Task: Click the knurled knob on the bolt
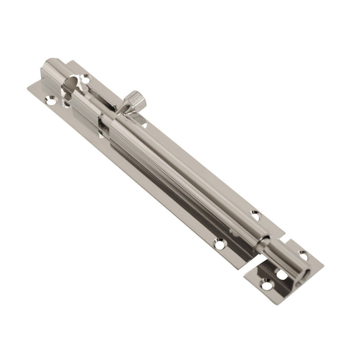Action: tap(135, 99)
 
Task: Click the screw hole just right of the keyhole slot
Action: tap(85, 80)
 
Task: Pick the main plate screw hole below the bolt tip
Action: tap(220, 245)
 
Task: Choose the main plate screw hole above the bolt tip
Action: tap(255, 215)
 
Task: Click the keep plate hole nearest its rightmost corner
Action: tap(303, 256)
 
